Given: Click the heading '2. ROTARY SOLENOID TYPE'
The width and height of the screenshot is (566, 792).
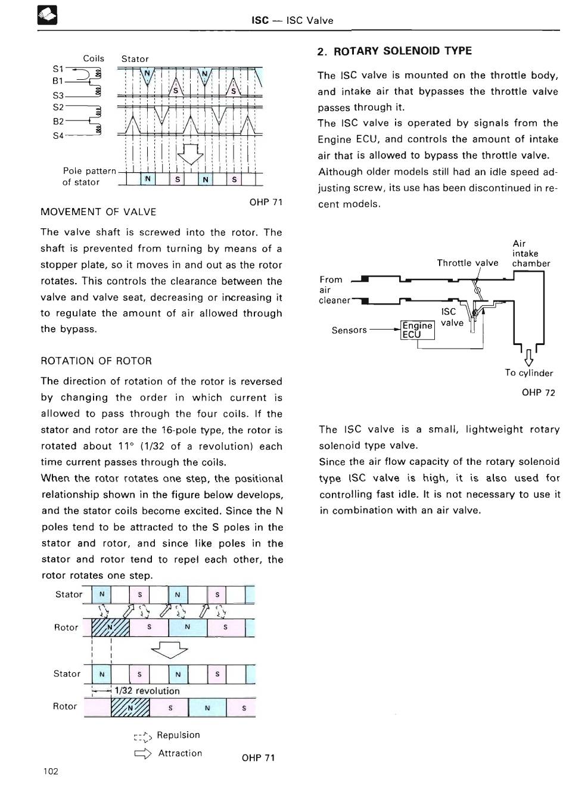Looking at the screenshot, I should click(394, 51).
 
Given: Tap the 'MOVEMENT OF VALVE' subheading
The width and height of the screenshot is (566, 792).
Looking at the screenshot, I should click(98, 212).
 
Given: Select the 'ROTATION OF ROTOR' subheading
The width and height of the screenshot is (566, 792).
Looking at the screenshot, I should click(96, 361).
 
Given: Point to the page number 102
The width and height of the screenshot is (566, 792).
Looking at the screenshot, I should click(51, 771).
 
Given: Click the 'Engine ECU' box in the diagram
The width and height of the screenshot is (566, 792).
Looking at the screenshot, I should click(417, 330).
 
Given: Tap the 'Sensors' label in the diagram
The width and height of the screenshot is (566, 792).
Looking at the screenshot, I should click(349, 330).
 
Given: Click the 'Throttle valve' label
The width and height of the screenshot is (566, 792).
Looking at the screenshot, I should click(467, 263).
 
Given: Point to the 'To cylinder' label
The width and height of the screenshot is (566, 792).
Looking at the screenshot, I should click(528, 373).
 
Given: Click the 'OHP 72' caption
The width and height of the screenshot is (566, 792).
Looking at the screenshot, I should click(538, 392).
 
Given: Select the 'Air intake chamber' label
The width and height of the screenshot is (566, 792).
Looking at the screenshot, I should click(530, 253).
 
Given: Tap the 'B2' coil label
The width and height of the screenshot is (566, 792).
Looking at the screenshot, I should click(58, 121).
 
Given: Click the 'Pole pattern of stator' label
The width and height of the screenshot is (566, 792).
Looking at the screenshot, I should click(89, 176).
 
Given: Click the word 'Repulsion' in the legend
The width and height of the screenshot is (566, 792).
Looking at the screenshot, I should click(178, 735).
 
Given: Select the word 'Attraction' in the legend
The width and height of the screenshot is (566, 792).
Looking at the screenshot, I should click(180, 753).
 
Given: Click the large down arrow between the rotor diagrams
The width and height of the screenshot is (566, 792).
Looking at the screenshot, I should click(170, 649).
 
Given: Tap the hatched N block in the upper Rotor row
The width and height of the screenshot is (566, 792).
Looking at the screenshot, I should click(110, 628).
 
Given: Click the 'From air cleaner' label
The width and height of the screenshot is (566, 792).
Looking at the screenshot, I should click(334, 290).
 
